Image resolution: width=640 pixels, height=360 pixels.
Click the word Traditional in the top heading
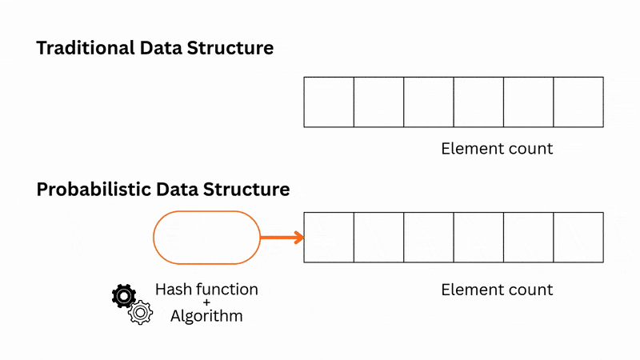click(x=85, y=48)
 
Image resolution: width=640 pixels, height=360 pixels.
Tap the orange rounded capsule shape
click(x=206, y=238)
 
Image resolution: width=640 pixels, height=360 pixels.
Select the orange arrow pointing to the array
click(x=282, y=238)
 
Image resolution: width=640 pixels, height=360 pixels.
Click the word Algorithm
click(x=206, y=316)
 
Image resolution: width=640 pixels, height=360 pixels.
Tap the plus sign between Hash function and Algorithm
click(x=206, y=302)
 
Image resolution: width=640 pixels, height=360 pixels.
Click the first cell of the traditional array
click(x=329, y=102)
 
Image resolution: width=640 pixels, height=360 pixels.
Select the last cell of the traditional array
click(x=578, y=102)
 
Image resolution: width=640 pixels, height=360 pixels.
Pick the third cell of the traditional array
click(x=429, y=102)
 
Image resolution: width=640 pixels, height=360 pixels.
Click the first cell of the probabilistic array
click(x=329, y=238)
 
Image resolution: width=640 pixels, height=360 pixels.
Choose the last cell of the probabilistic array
click(x=578, y=238)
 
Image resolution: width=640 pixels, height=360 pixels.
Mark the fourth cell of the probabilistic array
click(x=478, y=238)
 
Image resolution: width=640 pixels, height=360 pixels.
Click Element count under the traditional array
click(x=497, y=149)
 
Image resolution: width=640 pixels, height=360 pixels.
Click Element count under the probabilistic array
click(x=497, y=290)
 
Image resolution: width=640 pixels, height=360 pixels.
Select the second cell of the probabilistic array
click(x=378, y=238)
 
